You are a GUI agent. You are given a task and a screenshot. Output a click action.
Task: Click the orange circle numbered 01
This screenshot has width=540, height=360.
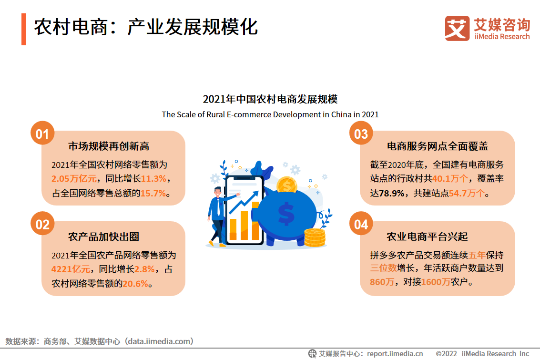click(x=42, y=134)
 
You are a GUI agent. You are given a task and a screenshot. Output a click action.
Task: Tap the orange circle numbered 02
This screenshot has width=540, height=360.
click(x=42, y=224)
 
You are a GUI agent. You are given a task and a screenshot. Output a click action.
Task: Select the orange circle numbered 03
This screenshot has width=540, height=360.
click(x=361, y=134)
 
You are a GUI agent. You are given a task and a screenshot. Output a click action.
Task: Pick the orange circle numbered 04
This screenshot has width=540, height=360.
click(x=361, y=224)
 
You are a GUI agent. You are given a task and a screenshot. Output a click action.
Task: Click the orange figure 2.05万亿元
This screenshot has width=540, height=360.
click(x=74, y=178)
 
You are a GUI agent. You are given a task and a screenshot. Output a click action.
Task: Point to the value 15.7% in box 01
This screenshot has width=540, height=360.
click(x=153, y=193)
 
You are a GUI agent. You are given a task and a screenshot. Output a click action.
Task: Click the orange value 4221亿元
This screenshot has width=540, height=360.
click(x=71, y=269)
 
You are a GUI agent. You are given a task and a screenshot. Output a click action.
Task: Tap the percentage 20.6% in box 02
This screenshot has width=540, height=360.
click(x=135, y=284)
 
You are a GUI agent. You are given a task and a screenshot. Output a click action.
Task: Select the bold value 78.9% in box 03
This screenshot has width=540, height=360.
click(x=392, y=193)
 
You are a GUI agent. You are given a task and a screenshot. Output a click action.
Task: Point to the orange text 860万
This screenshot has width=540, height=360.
click(x=382, y=282)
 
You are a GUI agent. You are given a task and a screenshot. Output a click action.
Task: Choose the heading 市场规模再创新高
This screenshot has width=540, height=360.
click(x=109, y=146)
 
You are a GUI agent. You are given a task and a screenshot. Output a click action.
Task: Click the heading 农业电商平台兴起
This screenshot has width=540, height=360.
click(x=427, y=237)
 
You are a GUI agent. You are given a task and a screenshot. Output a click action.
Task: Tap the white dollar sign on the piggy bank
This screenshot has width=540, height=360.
click(x=286, y=214)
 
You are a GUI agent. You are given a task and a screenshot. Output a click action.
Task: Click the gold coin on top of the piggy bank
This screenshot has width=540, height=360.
click(x=287, y=185)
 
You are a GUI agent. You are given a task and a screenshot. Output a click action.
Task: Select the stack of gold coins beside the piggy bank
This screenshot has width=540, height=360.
click(x=315, y=238)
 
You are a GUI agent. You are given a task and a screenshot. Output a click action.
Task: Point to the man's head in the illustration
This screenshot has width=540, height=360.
click(x=217, y=192)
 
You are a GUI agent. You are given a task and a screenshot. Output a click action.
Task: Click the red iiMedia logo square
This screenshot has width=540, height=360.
click(x=457, y=28)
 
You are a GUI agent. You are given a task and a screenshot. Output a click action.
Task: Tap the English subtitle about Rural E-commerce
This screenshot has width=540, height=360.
click(x=270, y=114)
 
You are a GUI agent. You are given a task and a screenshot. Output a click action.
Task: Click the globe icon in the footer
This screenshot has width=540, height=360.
click(x=312, y=353)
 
